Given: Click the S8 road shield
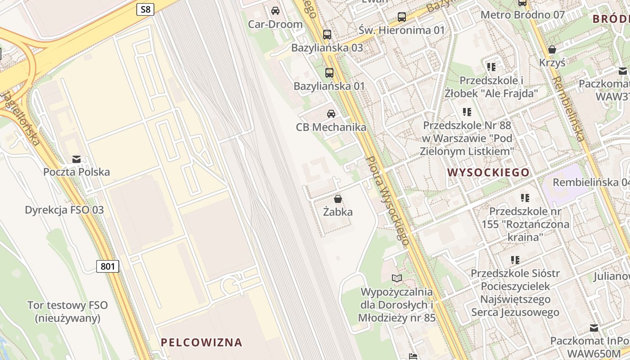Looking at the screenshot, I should coord(145,9).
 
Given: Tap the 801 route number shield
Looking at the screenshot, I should coord(108,266).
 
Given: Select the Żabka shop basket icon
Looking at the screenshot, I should coord(338,198).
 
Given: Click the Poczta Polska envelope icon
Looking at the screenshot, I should coord(76,159).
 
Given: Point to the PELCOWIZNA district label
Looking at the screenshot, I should coord(202,342).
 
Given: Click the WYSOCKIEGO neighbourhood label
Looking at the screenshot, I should coord(488,172).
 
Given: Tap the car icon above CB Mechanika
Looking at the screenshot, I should coord(331,114).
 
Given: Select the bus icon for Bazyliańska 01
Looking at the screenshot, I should coord(329,72).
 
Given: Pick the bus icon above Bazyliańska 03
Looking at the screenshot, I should coord(327,34).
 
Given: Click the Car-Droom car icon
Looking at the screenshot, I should coord(275,11).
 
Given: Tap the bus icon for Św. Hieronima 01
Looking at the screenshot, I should coord(402,17).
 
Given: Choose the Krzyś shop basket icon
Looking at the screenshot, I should coord(552,49).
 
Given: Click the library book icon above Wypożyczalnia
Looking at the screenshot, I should coord(396,278).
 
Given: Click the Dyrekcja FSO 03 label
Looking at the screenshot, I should coord(64,210).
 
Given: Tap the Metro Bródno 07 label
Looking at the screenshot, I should coord(522,15).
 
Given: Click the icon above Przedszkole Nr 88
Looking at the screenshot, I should coord(467,112).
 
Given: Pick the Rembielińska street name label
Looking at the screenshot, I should coord(568,108).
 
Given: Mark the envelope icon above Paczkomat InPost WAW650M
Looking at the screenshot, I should coord(594,328).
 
